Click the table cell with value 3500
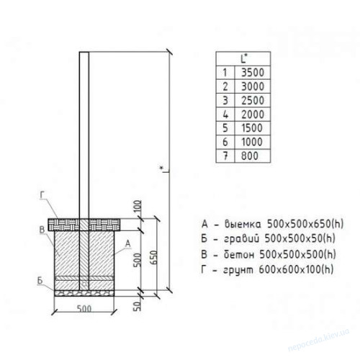coord(253,73)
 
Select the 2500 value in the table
coord(253,100)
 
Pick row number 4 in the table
coord(225,114)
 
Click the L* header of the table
coord(244,58)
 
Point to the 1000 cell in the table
coord(252,142)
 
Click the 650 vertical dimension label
coord(154,258)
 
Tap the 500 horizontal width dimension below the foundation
coord(84,308)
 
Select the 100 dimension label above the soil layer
coord(138,207)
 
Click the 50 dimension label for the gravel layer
coord(137,306)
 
